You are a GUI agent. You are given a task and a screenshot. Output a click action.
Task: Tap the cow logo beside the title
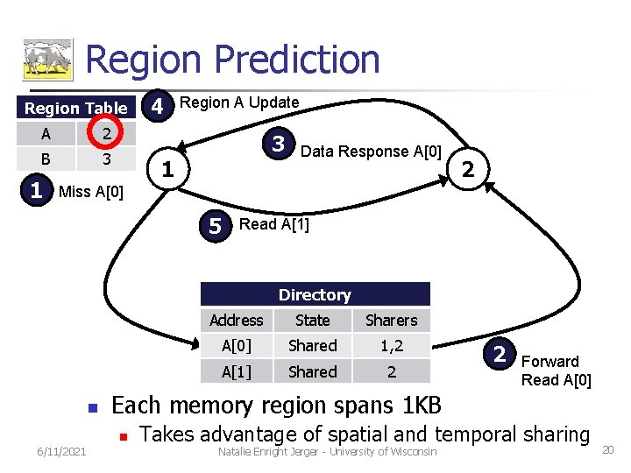coord(46,60)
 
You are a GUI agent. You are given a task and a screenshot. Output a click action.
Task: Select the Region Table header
coord(76,109)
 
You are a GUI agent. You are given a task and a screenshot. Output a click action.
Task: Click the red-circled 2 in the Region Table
coord(105,134)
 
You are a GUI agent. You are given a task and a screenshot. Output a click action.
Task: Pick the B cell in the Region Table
coord(46,159)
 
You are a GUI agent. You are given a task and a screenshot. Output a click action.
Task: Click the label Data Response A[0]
coord(371,151)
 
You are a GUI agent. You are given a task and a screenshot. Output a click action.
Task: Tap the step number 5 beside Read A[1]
coord(216,226)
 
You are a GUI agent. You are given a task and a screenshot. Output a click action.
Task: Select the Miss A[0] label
coord(90,192)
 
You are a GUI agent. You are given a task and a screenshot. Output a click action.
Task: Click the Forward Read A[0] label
coord(556,371)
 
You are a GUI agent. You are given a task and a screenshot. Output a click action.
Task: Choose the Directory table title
coord(315,295)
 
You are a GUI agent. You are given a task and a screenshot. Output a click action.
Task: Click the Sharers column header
coord(391,321)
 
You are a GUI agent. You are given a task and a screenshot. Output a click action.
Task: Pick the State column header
coord(313,321)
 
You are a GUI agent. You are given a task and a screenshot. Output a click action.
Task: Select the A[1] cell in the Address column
coord(236,371)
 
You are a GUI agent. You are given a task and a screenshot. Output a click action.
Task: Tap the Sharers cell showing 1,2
coord(391,346)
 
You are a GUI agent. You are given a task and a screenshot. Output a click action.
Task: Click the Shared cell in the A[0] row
coord(313,346)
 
